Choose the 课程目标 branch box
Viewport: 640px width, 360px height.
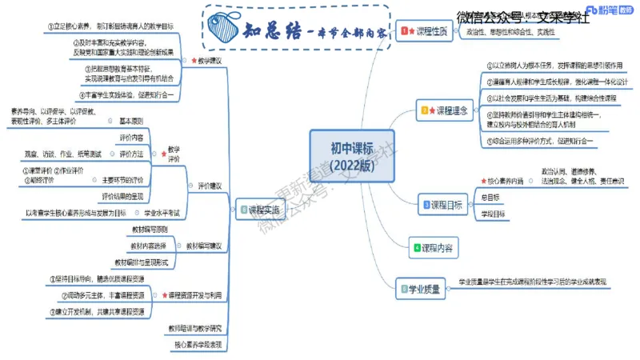click(x=442, y=205)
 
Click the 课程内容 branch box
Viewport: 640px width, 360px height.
click(x=433, y=248)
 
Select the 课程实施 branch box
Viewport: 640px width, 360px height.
click(x=259, y=209)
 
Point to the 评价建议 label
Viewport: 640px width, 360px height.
click(x=210, y=186)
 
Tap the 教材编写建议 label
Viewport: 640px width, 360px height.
click(x=204, y=246)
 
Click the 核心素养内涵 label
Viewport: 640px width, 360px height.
click(x=502, y=181)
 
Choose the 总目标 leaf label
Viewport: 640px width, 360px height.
click(x=490, y=197)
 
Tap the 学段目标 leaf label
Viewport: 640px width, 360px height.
click(x=493, y=214)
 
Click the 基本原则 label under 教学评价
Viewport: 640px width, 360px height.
click(x=131, y=121)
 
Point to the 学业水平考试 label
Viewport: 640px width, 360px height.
click(x=162, y=213)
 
